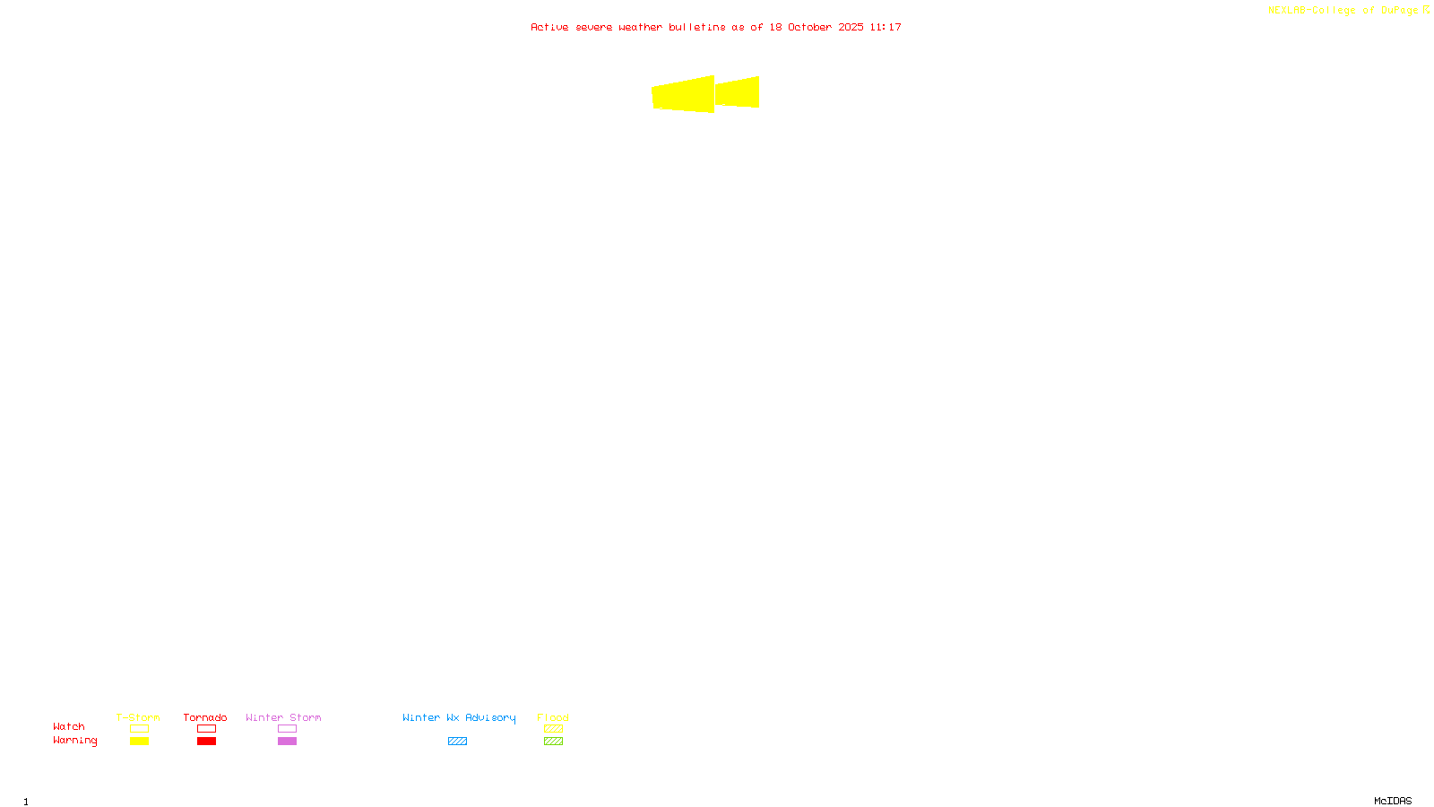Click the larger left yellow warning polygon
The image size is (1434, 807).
[x=684, y=94]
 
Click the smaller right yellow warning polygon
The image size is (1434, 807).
[x=738, y=92]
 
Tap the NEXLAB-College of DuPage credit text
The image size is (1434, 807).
[x=1343, y=11]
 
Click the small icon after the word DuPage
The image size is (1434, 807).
[x=1426, y=10]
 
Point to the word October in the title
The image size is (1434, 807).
[x=809, y=27]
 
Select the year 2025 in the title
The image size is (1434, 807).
[x=851, y=27]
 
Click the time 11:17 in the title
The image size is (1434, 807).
[x=885, y=27]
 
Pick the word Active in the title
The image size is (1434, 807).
[x=549, y=27]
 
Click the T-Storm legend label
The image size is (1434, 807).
[x=138, y=717]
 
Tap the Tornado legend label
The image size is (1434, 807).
[x=205, y=717]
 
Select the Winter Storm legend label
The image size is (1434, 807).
[x=283, y=717]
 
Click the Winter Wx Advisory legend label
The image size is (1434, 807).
[x=459, y=717]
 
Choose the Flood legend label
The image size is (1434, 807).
[x=553, y=717]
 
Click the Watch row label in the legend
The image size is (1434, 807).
[x=69, y=726]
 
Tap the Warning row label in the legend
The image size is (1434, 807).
[x=75, y=741]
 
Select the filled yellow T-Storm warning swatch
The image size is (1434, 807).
[x=139, y=742]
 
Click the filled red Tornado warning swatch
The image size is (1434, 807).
[x=207, y=742]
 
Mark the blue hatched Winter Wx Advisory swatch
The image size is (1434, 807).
[x=457, y=742]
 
